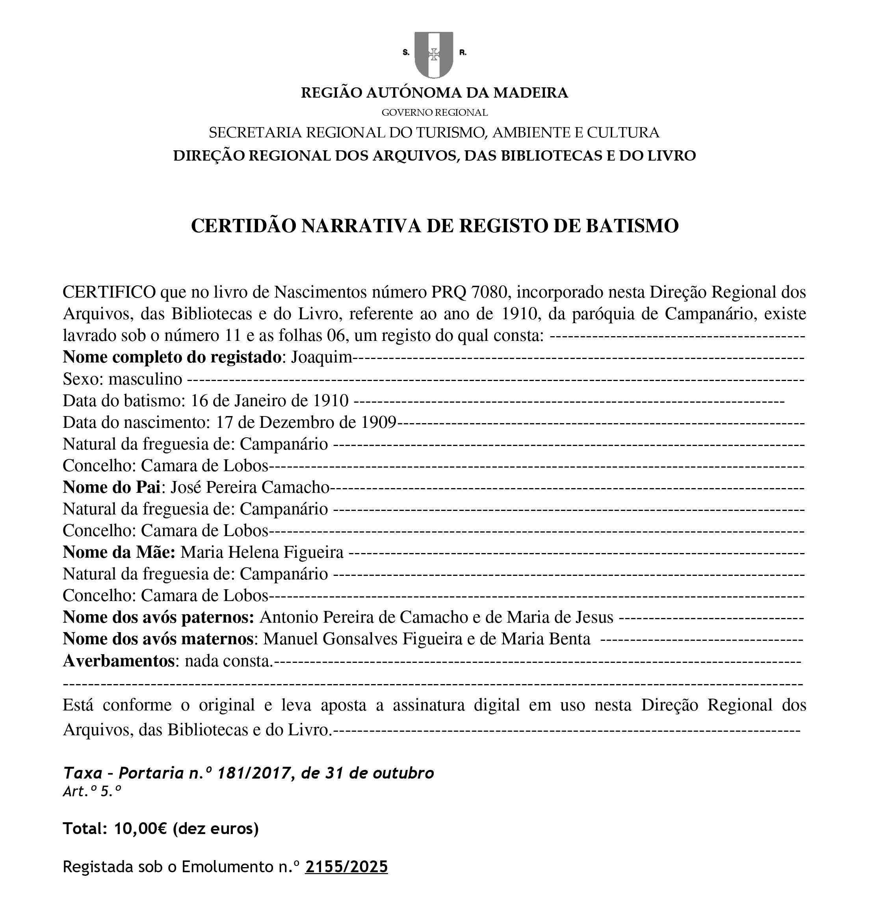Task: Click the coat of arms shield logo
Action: [433, 54]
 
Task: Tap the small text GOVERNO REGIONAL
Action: [435, 113]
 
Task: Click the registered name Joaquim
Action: [321, 357]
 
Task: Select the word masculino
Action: [145, 379]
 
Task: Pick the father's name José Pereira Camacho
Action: [250, 487]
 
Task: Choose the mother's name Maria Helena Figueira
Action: [262, 552]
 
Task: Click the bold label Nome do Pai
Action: [111, 487]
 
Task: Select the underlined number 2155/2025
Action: [346, 867]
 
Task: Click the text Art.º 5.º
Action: [92, 792]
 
